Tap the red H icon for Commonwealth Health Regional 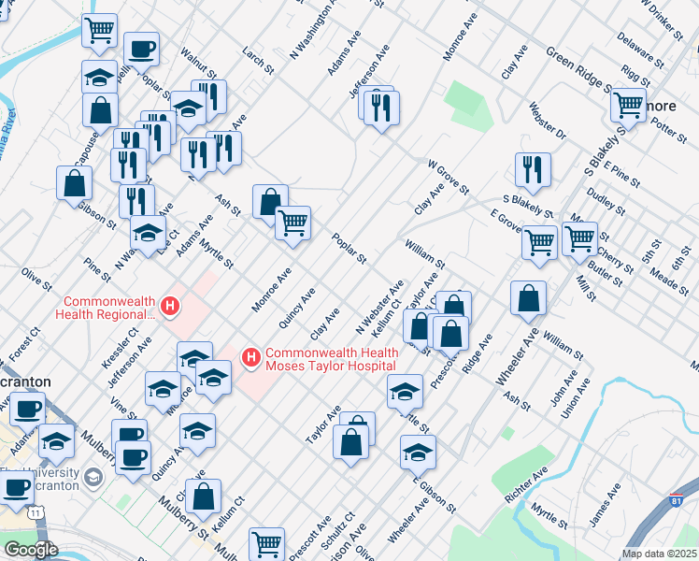tap(170, 306)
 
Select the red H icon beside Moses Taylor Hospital tap(250, 357)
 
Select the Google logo tap(30, 550)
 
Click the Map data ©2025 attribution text tap(659, 554)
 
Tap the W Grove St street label tap(448, 177)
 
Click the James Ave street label tap(605, 504)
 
